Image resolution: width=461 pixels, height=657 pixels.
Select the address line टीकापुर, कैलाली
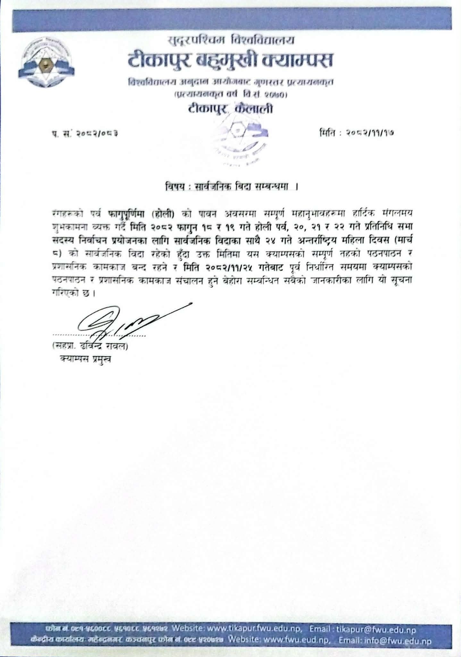(x=230, y=109)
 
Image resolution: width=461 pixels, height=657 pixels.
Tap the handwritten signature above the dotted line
(x=128, y=321)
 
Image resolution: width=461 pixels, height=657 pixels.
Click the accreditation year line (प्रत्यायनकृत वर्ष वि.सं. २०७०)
(x=230, y=95)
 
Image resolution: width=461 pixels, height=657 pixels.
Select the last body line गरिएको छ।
(x=74, y=293)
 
